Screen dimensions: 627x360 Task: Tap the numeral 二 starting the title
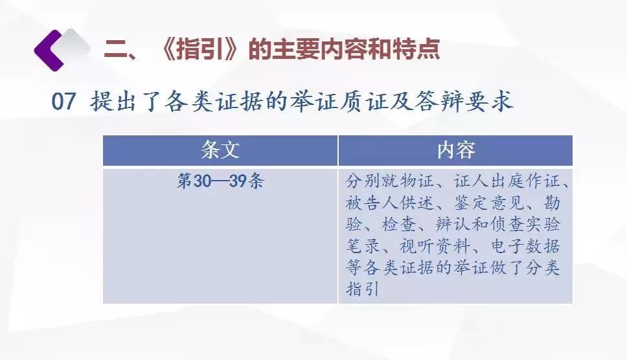pyautogui.click(x=115, y=50)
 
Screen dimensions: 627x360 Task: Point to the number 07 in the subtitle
pyautogui.click(x=63, y=101)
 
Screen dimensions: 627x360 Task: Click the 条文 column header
pyautogui.click(x=220, y=150)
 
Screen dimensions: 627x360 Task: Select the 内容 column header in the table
pyautogui.click(x=456, y=150)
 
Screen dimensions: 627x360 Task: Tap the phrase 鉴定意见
pyautogui.click(x=488, y=203)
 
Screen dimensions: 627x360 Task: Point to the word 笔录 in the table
pyautogui.click(x=363, y=246)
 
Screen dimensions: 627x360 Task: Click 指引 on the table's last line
pyautogui.click(x=363, y=289)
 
